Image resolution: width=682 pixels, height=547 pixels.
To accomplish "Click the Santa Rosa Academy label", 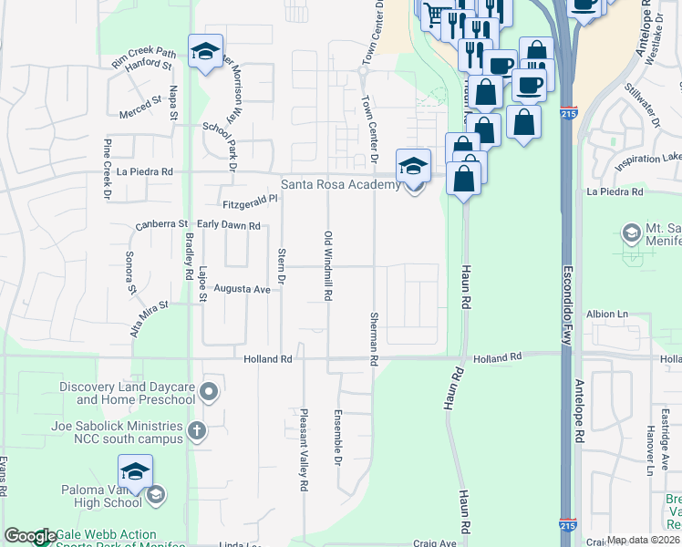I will [x=340, y=184].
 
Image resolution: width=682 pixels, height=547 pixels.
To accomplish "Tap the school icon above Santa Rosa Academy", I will [x=413, y=166].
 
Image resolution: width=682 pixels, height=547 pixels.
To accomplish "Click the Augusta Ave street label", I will [x=243, y=289].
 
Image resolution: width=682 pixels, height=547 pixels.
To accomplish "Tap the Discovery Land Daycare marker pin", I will [x=210, y=392].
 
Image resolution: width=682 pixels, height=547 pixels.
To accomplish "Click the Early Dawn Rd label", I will [x=228, y=225].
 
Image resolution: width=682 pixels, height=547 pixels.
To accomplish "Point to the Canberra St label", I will [x=160, y=223].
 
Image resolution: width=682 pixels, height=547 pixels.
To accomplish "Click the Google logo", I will [x=30, y=537].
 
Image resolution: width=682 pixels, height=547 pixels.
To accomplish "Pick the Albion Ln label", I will [x=608, y=314].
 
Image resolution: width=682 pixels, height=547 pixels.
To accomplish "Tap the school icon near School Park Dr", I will [x=206, y=52].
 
